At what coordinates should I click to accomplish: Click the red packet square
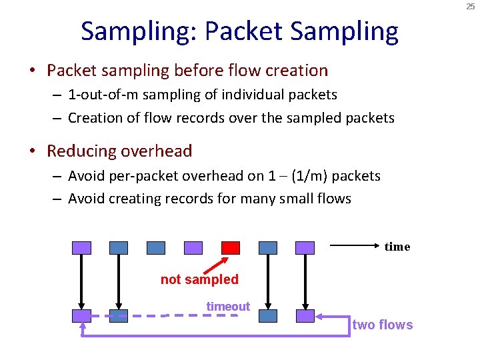231,248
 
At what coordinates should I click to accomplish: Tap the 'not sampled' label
199,279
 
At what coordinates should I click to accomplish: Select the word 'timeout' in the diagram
228,307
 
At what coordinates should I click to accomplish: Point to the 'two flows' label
383,325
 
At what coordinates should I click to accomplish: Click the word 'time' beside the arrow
397,247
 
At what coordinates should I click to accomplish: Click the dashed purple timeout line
200,315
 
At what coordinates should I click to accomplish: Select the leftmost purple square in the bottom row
81,316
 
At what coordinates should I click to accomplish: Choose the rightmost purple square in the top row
305,248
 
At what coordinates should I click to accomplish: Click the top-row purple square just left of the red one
193,248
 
